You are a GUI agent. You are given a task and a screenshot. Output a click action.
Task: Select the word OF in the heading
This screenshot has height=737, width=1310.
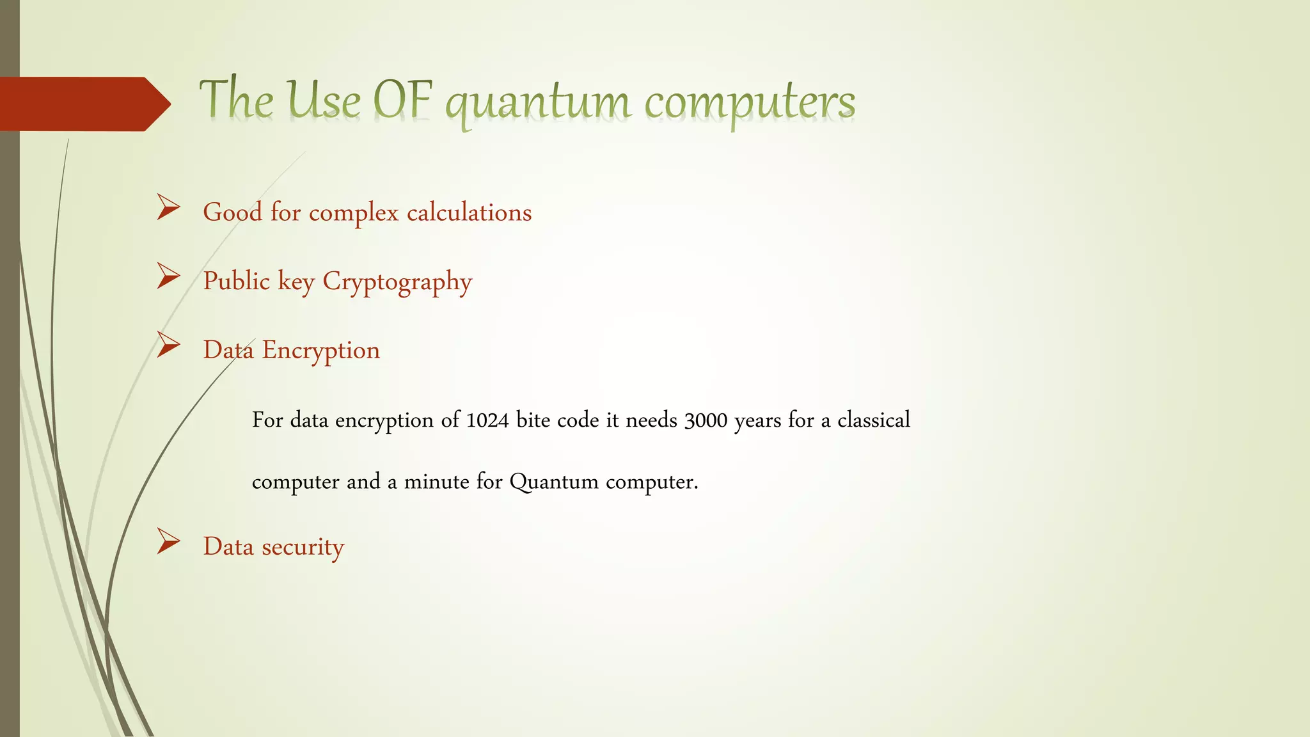pos(403,101)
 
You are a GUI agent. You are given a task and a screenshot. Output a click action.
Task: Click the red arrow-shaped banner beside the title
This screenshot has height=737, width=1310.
pos(83,104)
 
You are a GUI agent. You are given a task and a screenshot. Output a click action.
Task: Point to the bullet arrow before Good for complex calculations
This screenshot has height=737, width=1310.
pos(168,208)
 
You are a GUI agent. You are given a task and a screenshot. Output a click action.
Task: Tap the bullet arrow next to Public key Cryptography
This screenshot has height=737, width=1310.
pos(168,276)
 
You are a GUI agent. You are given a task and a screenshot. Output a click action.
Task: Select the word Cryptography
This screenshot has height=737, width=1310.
pos(397,281)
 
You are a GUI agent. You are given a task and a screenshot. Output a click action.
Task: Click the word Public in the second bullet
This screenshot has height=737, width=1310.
pos(236,281)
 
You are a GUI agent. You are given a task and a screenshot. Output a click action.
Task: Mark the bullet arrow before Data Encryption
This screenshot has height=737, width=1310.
pos(168,345)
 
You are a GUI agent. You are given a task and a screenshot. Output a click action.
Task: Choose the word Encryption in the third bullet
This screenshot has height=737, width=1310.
pos(320,351)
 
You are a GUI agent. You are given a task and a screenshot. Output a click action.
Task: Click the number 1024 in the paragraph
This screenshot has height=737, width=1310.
pos(487,420)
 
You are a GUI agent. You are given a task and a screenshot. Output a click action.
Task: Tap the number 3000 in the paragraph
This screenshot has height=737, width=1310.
pos(706,420)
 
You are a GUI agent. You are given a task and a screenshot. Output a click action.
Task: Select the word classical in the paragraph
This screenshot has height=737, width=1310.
pos(873,420)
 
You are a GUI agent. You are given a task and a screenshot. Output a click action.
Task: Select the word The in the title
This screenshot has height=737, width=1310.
pos(236,100)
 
